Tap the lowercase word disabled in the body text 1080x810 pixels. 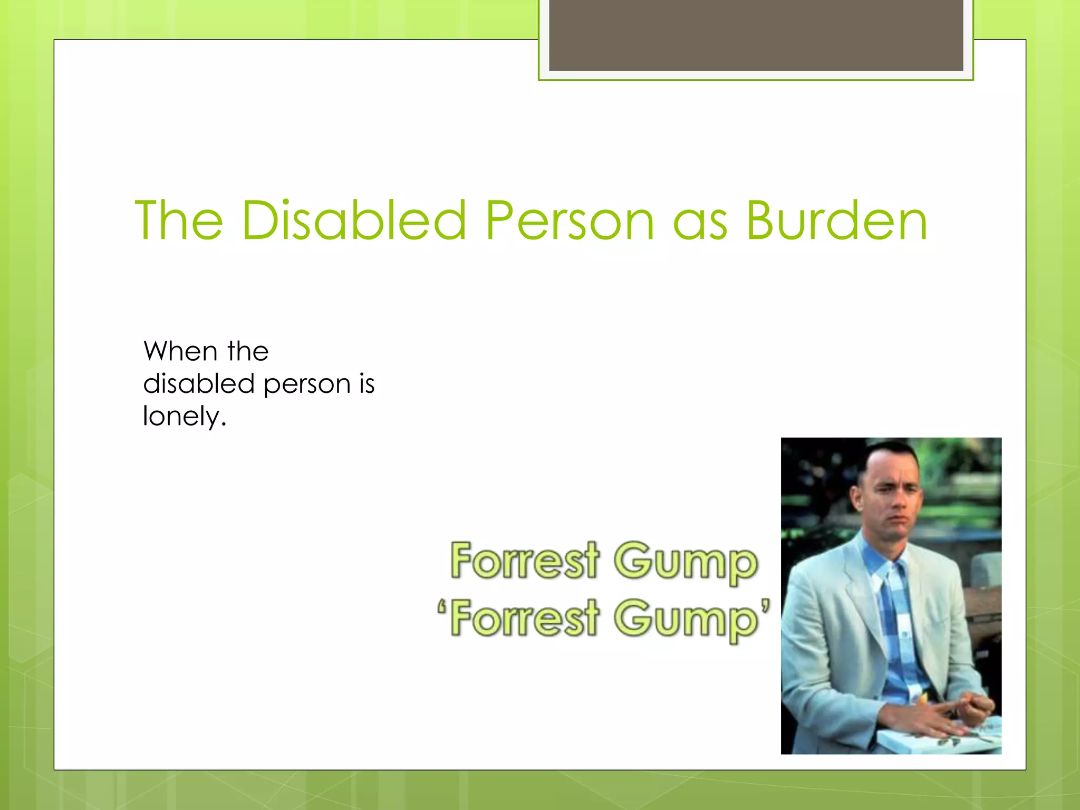click(199, 383)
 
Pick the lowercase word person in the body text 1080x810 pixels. click(307, 385)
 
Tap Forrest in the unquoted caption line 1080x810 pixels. click(525, 560)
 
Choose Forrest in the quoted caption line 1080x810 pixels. click(525, 618)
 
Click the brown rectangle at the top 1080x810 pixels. click(756, 35)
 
